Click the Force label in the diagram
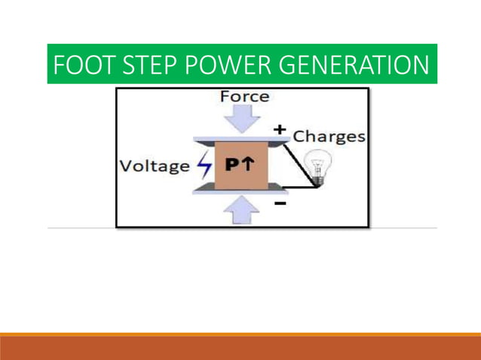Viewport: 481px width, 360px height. click(x=244, y=96)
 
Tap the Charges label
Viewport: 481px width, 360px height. click(x=329, y=136)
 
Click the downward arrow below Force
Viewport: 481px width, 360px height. click(x=241, y=119)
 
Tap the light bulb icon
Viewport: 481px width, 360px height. click(x=315, y=166)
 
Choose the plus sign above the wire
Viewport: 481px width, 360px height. click(x=280, y=130)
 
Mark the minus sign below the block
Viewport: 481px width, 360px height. click(x=280, y=203)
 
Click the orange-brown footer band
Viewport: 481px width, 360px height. click(x=240, y=348)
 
